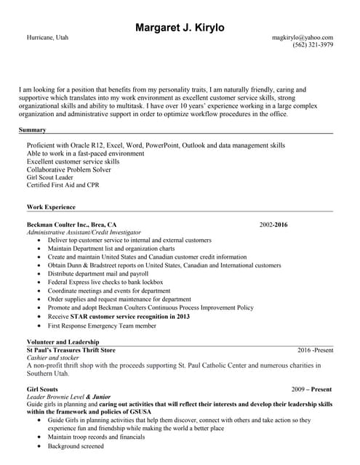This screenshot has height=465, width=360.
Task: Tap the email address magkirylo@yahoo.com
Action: click(x=303, y=37)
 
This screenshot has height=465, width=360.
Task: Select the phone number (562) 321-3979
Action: click(x=313, y=45)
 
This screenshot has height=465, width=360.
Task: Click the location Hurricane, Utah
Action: click(x=48, y=37)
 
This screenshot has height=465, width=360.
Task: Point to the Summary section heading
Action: click(x=33, y=130)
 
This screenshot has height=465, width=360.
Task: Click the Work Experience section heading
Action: click(x=51, y=207)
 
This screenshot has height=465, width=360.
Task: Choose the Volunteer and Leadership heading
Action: click(x=63, y=341)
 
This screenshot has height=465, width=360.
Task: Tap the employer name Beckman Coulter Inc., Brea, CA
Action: click(x=71, y=225)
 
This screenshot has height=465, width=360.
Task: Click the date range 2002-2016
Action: click(x=273, y=225)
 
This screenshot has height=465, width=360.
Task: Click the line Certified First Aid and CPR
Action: click(x=63, y=185)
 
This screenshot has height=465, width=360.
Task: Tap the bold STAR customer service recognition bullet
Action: click(x=119, y=317)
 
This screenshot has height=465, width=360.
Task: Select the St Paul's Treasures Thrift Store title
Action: click(x=71, y=350)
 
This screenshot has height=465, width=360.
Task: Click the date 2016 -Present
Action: click(x=315, y=350)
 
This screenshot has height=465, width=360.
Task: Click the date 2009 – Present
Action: click(x=311, y=389)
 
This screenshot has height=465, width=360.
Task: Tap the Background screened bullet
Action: click(x=76, y=446)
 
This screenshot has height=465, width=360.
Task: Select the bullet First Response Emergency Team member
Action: click(x=102, y=325)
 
